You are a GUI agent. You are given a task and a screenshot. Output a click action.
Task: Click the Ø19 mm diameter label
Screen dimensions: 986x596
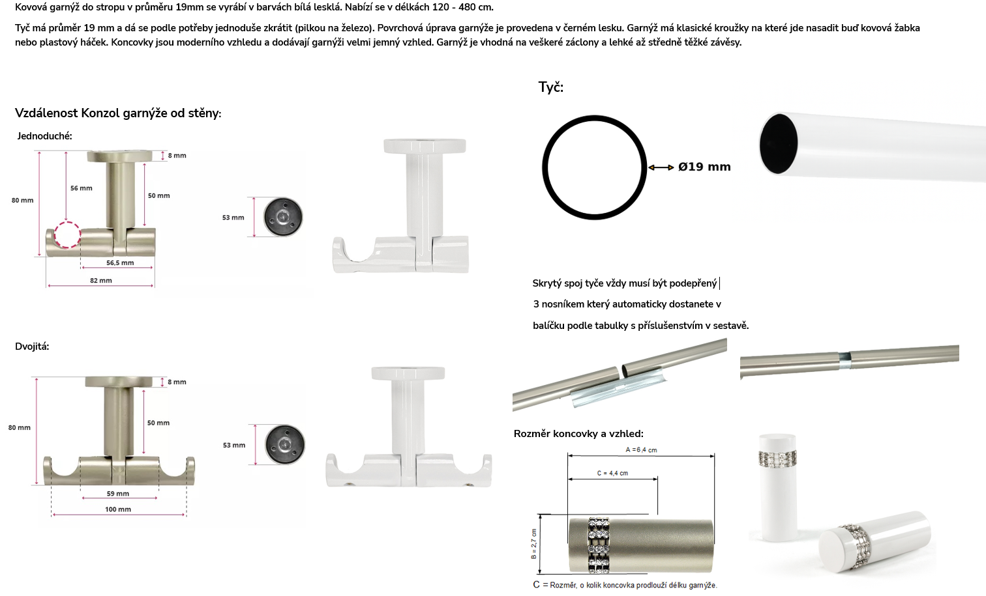tap(704, 167)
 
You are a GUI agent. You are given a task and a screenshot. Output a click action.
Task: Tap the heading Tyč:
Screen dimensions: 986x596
tap(550, 87)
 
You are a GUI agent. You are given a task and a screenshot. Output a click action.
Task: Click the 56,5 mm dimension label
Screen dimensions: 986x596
tap(120, 263)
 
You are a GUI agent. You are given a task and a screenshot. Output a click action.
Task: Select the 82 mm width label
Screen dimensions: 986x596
tap(101, 281)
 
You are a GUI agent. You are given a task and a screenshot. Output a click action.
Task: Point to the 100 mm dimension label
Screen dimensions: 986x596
tap(118, 509)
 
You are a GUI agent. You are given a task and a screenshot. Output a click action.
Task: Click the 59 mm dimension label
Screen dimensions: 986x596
tap(117, 494)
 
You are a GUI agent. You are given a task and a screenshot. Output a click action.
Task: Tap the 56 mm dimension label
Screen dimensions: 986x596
tap(82, 188)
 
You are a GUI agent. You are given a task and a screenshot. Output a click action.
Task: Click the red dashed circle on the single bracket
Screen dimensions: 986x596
tap(67, 223)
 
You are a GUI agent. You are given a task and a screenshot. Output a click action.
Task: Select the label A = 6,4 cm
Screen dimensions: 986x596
tap(641, 449)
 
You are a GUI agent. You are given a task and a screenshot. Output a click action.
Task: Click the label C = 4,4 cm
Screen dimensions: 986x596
tap(612, 473)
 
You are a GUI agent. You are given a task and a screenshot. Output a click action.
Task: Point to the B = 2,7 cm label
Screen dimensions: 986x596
tap(534, 544)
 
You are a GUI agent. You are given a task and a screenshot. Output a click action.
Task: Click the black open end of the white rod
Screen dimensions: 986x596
tap(778, 144)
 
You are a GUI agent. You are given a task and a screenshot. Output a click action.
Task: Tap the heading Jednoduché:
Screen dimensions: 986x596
tap(44, 136)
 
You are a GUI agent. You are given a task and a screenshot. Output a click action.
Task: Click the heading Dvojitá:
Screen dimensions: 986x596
tap(32, 347)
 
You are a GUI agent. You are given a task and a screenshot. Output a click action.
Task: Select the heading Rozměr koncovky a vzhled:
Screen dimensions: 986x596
tap(578, 434)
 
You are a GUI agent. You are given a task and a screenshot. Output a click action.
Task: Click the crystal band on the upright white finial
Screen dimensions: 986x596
tap(777, 459)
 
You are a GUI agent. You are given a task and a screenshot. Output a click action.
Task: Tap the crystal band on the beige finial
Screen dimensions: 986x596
tap(599, 545)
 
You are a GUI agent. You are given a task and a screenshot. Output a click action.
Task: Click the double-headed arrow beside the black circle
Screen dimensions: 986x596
tap(661, 167)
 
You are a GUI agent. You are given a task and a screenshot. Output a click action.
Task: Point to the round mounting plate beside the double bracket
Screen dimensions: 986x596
tap(284, 444)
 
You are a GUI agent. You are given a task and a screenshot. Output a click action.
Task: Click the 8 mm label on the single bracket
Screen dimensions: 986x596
tap(177, 156)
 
